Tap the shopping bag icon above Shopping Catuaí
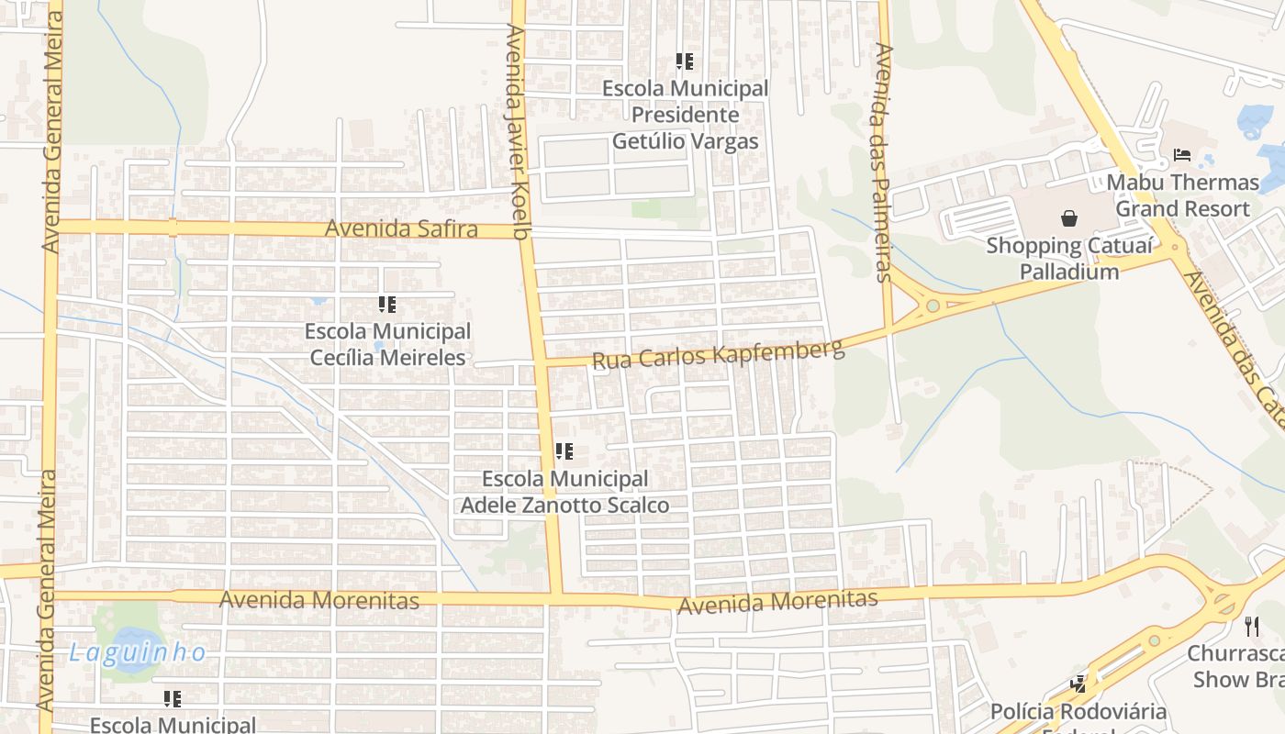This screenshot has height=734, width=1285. pyautogui.click(x=1069, y=218)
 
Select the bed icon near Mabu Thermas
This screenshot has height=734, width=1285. pyautogui.click(x=1182, y=154)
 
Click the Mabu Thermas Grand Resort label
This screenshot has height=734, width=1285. pyautogui.click(x=1182, y=195)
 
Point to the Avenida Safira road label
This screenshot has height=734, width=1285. pyautogui.click(x=402, y=228)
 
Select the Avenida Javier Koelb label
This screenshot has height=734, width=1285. pyautogui.click(x=519, y=132)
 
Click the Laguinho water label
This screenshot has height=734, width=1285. pyautogui.click(x=138, y=652)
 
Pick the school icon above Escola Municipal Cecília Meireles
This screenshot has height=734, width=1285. pyautogui.click(x=387, y=304)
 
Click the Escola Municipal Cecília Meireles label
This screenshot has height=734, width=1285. pyautogui.click(x=387, y=344)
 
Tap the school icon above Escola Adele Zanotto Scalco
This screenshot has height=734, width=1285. pyautogui.click(x=564, y=451)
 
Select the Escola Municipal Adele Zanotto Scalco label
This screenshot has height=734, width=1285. pyautogui.click(x=564, y=492)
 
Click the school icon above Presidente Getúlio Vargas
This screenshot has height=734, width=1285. pyautogui.click(x=685, y=61)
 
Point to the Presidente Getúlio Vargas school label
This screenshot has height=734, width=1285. pyautogui.click(x=686, y=115)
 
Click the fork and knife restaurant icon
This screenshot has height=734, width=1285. pyautogui.click(x=1252, y=627)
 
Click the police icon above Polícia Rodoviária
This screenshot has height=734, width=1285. pyautogui.click(x=1078, y=684)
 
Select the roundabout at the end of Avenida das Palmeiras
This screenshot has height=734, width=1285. pyautogui.click(x=933, y=306)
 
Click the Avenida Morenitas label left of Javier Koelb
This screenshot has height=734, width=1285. pyautogui.click(x=319, y=600)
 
